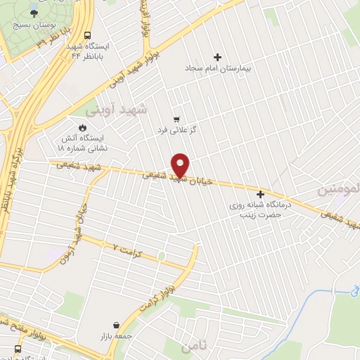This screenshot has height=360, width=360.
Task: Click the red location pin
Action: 181,165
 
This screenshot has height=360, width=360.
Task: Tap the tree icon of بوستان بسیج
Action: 33,11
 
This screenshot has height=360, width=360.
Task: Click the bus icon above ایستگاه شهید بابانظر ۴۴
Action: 88,35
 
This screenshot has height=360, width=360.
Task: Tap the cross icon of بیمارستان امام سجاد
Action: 217,57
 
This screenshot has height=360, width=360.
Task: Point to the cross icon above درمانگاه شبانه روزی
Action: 261,194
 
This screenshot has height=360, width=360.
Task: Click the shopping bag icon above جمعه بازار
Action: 115,326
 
